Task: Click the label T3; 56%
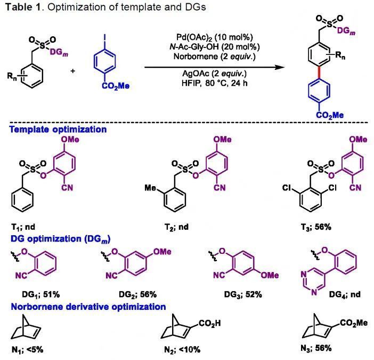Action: pos(316,227)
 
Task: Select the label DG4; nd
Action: pos(345,294)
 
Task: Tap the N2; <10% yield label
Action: pos(182,350)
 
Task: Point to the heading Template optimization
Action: pos(58,130)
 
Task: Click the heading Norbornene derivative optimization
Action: pos(88,307)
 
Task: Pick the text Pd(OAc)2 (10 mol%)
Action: pos(215,37)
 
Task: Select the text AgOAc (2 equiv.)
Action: pos(214,73)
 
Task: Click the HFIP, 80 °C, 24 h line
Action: pos(214,83)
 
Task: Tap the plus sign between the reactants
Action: pos(73,70)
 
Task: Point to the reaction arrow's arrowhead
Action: pos(280,67)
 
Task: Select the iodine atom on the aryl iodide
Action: pos(104,37)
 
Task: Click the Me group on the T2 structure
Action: pos(150,188)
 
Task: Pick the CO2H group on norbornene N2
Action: pos(210,324)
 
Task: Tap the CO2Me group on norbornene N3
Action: pos(354,323)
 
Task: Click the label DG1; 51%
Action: pos(41,294)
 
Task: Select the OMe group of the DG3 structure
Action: pos(270,275)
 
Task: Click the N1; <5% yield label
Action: pos(27,350)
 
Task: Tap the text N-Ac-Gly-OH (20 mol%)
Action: pos(215,47)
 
